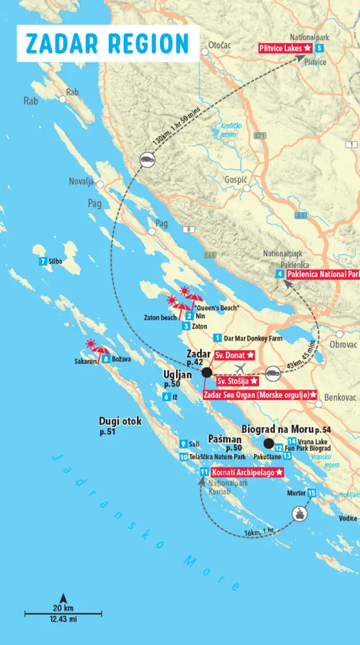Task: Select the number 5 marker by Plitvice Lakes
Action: [319, 48]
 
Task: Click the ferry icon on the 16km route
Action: [300, 513]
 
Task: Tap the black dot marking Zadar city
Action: [206, 373]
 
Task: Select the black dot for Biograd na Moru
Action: [267, 443]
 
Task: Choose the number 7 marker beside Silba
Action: [43, 261]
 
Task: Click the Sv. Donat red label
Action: [234, 355]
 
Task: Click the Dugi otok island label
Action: [120, 421]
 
